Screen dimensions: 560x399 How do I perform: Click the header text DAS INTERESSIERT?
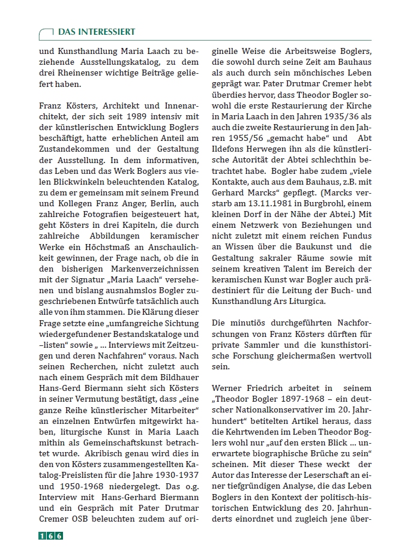point(96,32)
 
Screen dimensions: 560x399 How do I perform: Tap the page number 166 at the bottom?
point(51,535)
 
